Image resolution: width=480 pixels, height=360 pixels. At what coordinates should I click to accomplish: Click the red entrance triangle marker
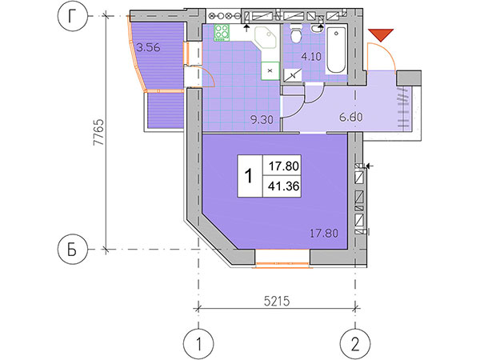pos(381,34)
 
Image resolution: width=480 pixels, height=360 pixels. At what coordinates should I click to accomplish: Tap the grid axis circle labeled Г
pos(72,16)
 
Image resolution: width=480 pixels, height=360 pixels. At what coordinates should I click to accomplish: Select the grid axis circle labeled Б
pos(72,250)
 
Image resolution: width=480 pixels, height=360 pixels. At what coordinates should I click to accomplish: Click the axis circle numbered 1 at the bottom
pos(198,344)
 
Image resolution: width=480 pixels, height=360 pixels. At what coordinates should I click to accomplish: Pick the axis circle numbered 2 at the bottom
pos(355,344)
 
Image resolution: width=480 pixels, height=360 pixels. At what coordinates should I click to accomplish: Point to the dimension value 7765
pos(99,133)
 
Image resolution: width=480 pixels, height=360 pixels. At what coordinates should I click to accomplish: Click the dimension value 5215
pos(277,302)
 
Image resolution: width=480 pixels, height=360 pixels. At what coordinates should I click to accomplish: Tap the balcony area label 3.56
pos(148,48)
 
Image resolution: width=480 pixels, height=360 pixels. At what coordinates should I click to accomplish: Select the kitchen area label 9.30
pos(262,120)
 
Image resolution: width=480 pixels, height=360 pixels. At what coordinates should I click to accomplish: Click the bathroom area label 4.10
pos(311,56)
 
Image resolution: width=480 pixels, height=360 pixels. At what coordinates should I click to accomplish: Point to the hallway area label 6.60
pos(351,117)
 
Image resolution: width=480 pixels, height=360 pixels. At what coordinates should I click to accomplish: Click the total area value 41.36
pos(283,186)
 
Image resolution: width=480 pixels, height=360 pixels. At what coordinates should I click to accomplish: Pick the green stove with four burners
pos(222,33)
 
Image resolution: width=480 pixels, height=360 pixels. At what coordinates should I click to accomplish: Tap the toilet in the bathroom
pos(296,34)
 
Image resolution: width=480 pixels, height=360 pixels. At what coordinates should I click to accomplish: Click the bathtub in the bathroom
pos(336,50)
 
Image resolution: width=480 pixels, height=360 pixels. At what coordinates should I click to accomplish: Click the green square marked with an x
pos(270,70)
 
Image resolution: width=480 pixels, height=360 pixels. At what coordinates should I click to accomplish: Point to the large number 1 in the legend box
pos(249,176)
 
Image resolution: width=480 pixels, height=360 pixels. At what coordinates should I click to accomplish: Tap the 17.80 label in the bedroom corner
pos(324,234)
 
